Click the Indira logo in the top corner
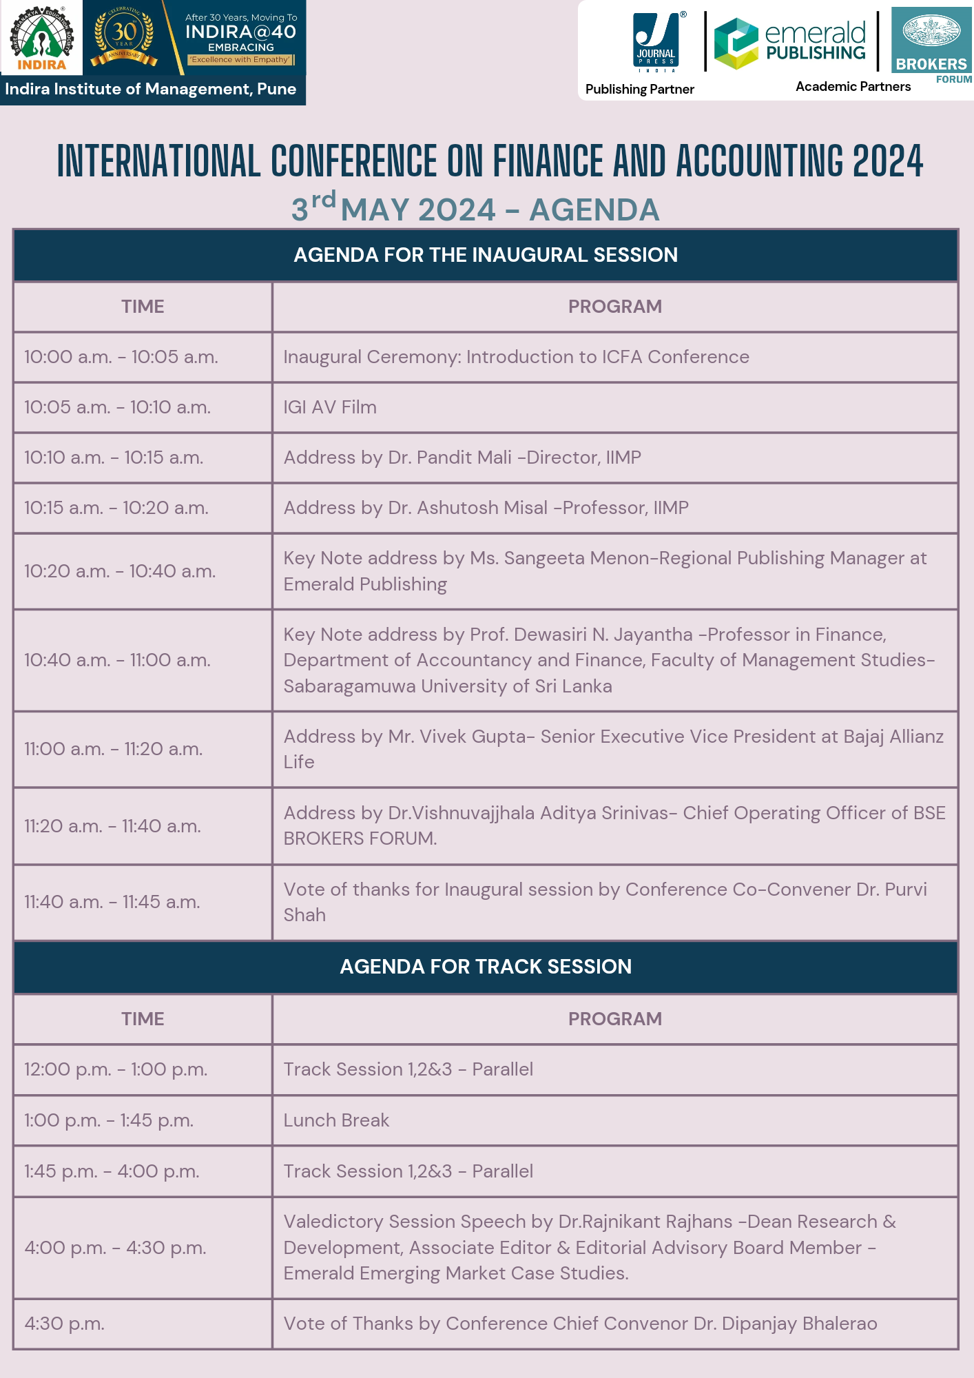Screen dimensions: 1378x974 (41, 38)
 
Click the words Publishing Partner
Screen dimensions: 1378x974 (639, 89)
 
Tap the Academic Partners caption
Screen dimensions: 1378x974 (853, 86)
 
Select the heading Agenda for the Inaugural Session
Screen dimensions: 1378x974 (486, 255)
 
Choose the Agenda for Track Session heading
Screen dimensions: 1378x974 (486, 967)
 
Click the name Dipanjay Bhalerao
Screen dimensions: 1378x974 (799, 1324)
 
